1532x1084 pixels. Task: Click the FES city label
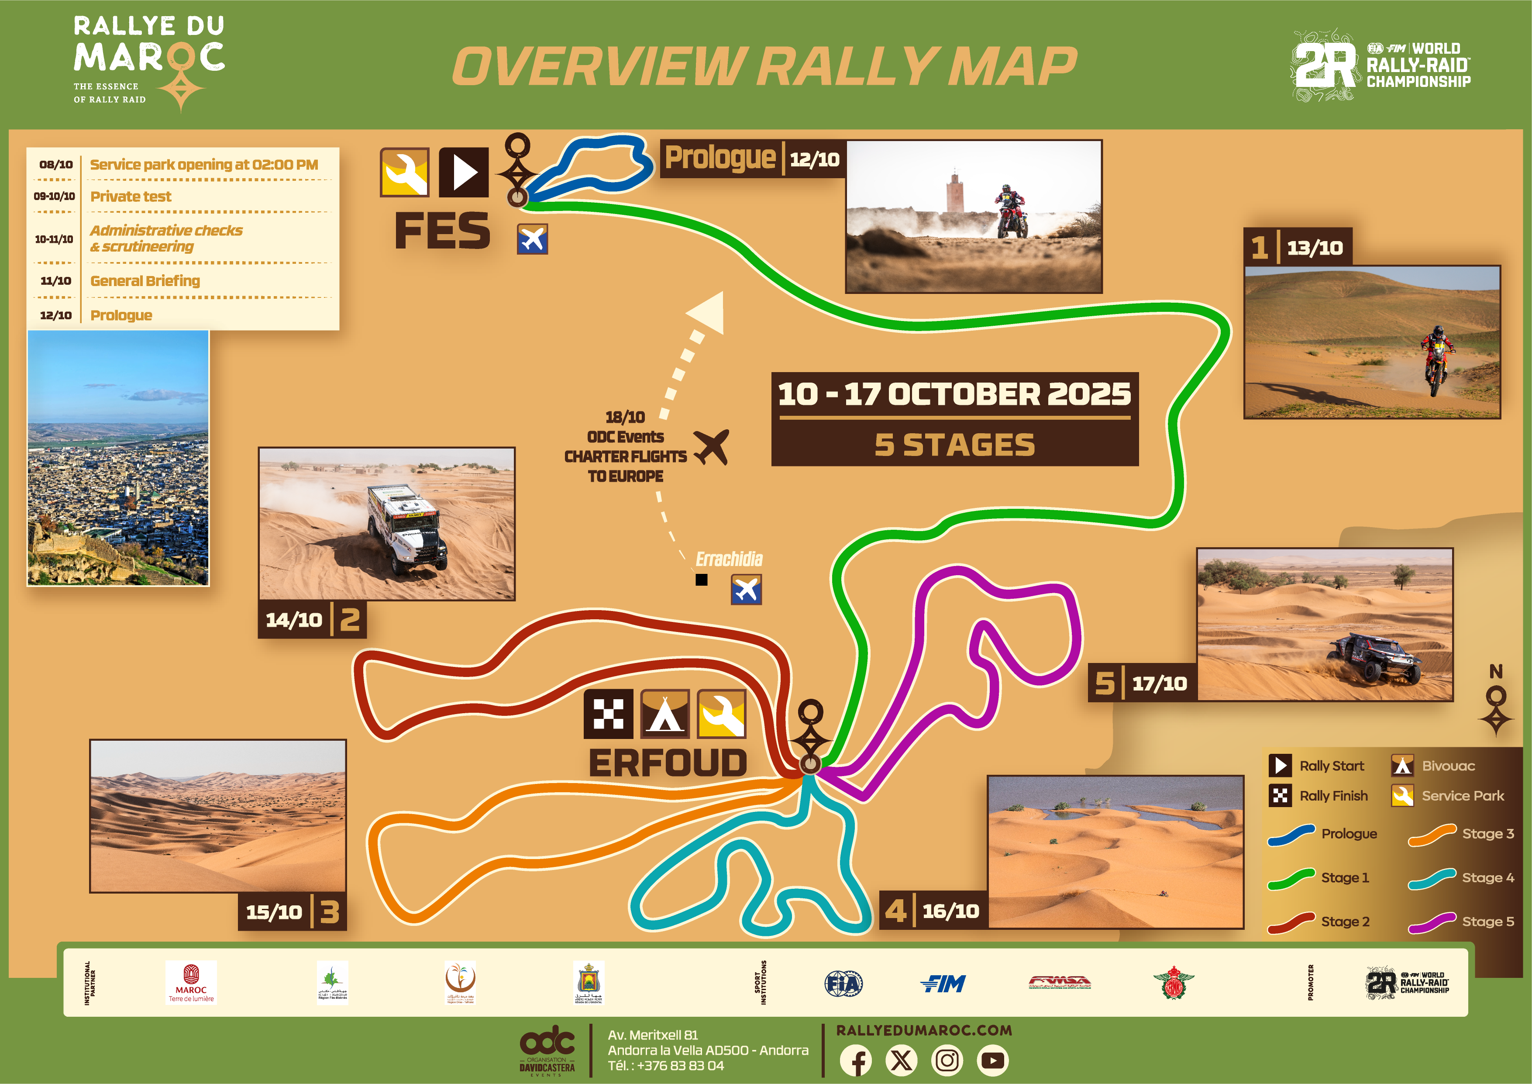click(x=442, y=231)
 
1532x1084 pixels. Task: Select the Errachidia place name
click(x=729, y=559)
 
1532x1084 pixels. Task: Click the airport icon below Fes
click(x=533, y=239)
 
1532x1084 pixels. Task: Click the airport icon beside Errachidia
click(x=746, y=590)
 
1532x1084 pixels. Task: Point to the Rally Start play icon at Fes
click(x=464, y=172)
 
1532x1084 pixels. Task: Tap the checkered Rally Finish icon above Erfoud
click(x=608, y=714)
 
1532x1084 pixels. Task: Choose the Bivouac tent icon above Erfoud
click(x=664, y=714)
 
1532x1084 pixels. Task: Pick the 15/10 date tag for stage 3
click(x=274, y=912)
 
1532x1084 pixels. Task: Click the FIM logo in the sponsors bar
click(x=943, y=983)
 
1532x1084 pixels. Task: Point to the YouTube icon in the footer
click(x=993, y=1060)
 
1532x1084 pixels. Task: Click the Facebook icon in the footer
click(x=856, y=1060)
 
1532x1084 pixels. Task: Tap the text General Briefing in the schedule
click(x=145, y=281)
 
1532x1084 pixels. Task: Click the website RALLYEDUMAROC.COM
click(x=923, y=1030)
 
